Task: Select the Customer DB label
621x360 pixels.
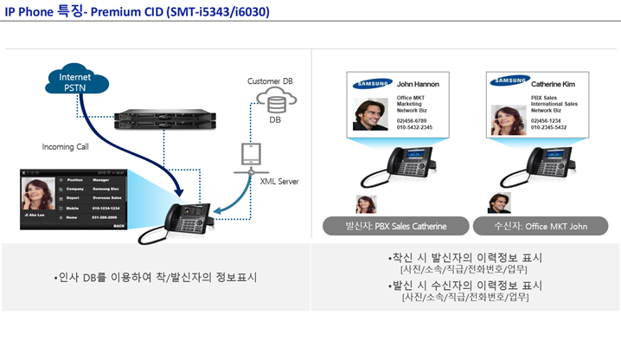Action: pyautogui.click(x=269, y=81)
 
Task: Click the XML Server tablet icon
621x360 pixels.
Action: pyautogui.click(x=249, y=156)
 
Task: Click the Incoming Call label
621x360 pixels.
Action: pyautogui.click(x=66, y=147)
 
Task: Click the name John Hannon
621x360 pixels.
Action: pyautogui.click(x=418, y=85)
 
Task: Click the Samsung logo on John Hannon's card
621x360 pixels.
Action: pyautogui.click(x=373, y=84)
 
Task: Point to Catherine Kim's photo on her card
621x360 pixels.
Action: pyautogui.click(x=509, y=119)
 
